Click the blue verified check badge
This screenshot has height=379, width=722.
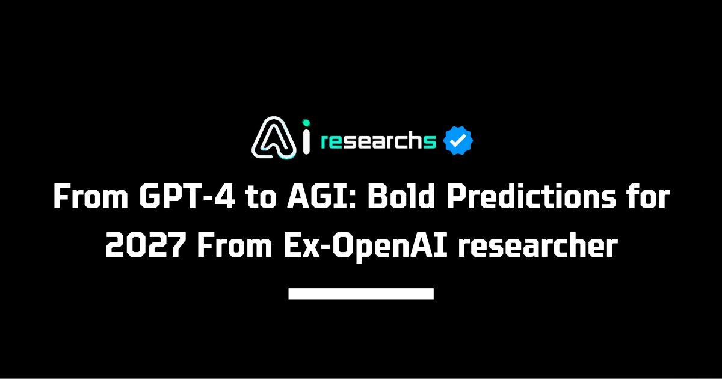click(458, 141)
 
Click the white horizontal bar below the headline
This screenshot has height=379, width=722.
click(361, 294)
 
